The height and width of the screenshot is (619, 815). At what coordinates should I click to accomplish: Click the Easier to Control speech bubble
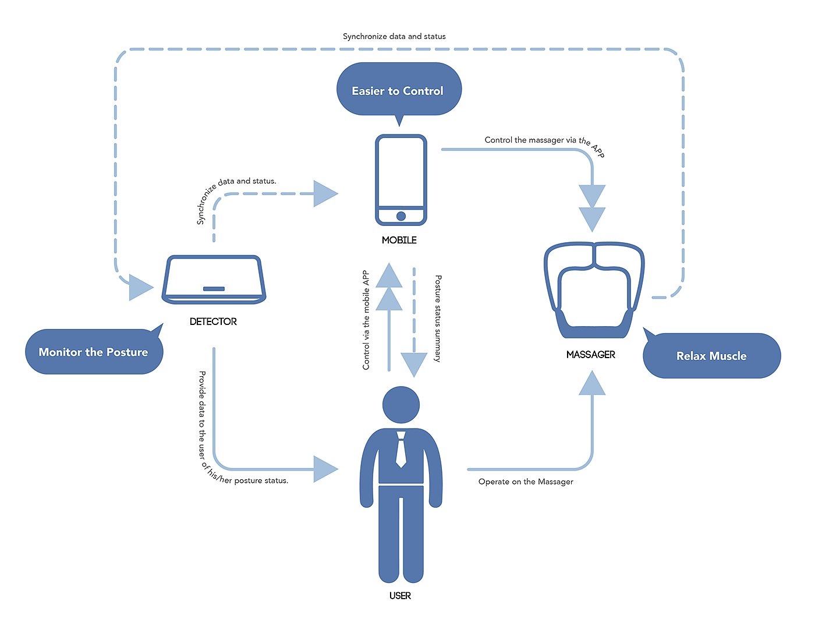pyautogui.click(x=399, y=90)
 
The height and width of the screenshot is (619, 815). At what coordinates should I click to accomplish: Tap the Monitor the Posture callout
pyautogui.click(x=94, y=352)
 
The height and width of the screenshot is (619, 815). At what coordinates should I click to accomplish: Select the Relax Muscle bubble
pyautogui.click(x=711, y=356)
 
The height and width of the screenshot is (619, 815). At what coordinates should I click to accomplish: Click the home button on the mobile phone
pyautogui.click(x=401, y=216)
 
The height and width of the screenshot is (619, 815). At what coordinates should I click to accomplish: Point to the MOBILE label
pyautogui.click(x=399, y=240)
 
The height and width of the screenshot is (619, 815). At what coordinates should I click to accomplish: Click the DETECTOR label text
pyautogui.click(x=213, y=321)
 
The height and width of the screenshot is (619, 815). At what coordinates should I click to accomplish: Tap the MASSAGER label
pyautogui.click(x=591, y=355)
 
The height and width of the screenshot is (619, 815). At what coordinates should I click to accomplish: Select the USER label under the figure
pyautogui.click(x=401, y=596)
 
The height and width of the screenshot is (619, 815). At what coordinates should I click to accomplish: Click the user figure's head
pyautogui.click(x=401, y=405)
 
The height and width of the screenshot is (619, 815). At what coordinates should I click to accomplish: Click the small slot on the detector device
pyautogui.click(x=214, y=289)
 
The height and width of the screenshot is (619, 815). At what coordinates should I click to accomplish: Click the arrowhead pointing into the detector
pyautogui.click(x=140, y=287)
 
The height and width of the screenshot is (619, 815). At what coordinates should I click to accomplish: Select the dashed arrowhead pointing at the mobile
pyautogui.click(x=325, y=193)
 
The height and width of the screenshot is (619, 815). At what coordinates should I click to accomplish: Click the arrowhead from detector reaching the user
pyautogui.click(x=325, y=469)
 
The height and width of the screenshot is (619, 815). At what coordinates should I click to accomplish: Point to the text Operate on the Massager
pyautogui.click(x=526, y=482)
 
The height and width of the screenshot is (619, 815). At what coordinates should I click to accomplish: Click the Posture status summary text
pyautogui.click(x=438, y=319)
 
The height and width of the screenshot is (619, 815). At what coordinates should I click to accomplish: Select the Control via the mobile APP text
pyautogui.click(x=366, y=320)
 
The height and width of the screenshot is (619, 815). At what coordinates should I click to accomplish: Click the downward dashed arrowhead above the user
pyautogui.click(x=414, y=365)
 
